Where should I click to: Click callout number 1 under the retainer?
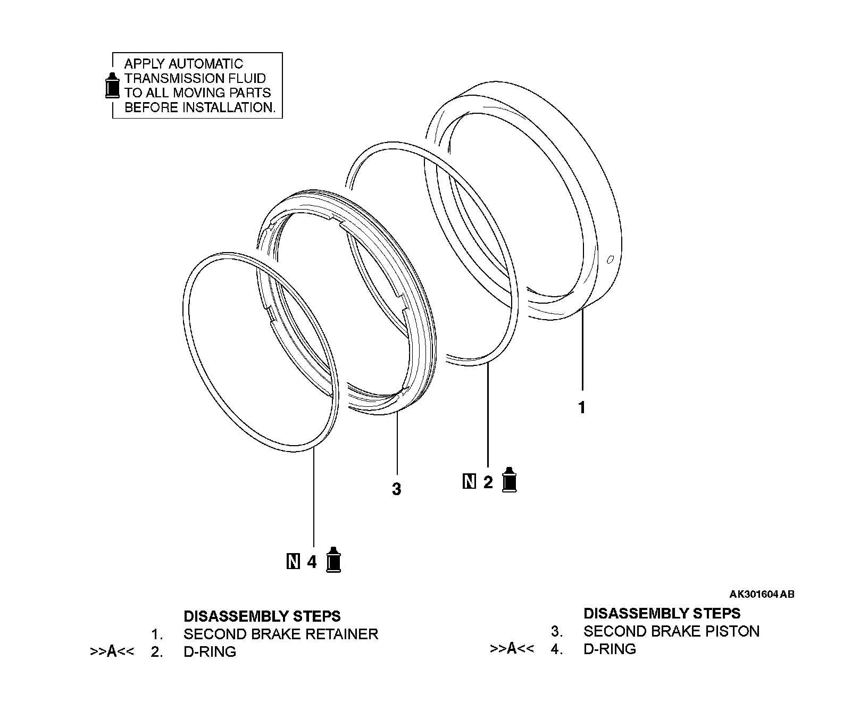coord(582,407)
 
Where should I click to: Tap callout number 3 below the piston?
coord(396,489)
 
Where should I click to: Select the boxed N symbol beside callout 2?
coord(469,482)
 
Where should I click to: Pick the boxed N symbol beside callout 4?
coord(293,561)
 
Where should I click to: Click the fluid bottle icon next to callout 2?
coord(510,480)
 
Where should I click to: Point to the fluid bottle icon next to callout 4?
coord(333,559)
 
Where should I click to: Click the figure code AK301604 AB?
coord(762,594)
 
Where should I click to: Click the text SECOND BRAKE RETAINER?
coord(280,634)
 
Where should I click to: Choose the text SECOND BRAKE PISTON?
coord(671,631)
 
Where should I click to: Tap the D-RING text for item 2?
coord(210,651)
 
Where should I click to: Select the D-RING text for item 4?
coord(610,649)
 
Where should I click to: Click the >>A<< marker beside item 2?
coord(112,651)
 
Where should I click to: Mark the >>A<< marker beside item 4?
coord(512,648)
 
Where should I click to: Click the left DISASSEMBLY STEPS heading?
coord(262,616)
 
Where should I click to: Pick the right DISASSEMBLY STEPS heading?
coord(662,613)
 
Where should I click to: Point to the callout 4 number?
coord(312,562)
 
